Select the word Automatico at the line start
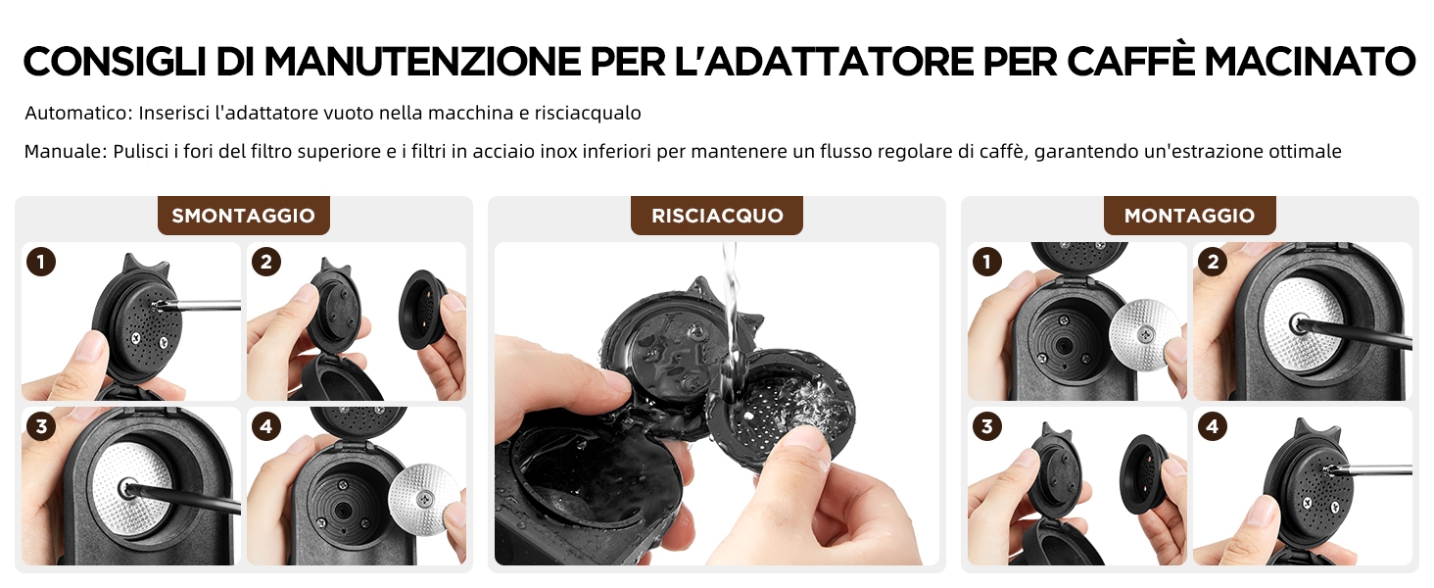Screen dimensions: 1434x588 [x=78, y=114]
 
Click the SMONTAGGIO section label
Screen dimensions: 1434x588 [x=243, y=216]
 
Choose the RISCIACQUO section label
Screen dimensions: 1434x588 [x=717, y=216]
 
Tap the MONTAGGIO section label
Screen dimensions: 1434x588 [x=1189, y=216]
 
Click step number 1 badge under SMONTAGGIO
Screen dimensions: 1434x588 [x=41, y=262]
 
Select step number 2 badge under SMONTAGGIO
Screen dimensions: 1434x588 [x=266, y=262]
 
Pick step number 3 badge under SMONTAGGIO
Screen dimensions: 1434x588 [x=41, y=426]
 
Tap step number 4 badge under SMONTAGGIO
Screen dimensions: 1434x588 [x=266, y=426]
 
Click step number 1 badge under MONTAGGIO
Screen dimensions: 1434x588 [x=987, y=262]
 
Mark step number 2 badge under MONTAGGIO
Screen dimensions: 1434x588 [x=1213, y=262]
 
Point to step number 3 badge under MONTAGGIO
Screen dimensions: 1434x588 [x=987, y=426]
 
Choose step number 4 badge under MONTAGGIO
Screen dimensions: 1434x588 [x=1213, y=426]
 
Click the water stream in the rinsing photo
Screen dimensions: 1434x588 [x=730, y=320]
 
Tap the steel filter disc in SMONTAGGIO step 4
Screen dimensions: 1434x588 [x=423, y=498]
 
